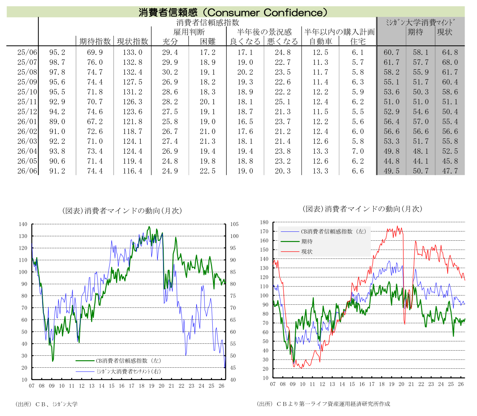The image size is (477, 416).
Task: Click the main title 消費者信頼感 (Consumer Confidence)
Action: tap(233, 12)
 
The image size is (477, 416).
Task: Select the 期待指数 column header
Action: tap(95, 41)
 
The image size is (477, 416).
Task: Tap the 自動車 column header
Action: tap(320, 41)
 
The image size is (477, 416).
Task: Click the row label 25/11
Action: tap(27, 102)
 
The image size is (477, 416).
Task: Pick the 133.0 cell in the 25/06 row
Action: tap(133, 52)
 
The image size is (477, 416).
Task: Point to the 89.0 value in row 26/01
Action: tap(57, 122)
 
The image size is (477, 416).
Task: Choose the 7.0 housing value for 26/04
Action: tap(357, 151)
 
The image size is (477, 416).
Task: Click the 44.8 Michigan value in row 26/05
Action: tap(391, 161)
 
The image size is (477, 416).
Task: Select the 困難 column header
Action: tap(208, 41)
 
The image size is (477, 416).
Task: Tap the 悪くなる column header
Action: tap(283, 41)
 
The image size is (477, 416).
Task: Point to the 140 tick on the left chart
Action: tap(23, 224)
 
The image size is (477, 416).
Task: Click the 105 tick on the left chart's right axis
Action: tap(234, 224)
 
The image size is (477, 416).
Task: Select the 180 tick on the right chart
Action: tap(264, 222)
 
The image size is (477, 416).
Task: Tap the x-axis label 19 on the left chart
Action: tap(152, 386)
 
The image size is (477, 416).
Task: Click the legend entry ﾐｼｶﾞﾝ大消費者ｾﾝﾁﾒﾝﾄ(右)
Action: tap(118, 371)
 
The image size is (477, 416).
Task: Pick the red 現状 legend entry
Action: tap(297, 251)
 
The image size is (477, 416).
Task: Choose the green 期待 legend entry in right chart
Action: tap(297, 241)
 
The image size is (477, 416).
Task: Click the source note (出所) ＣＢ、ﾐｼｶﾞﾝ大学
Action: tap(46, 404)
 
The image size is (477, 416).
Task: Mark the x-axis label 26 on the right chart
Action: tap(461, 384)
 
